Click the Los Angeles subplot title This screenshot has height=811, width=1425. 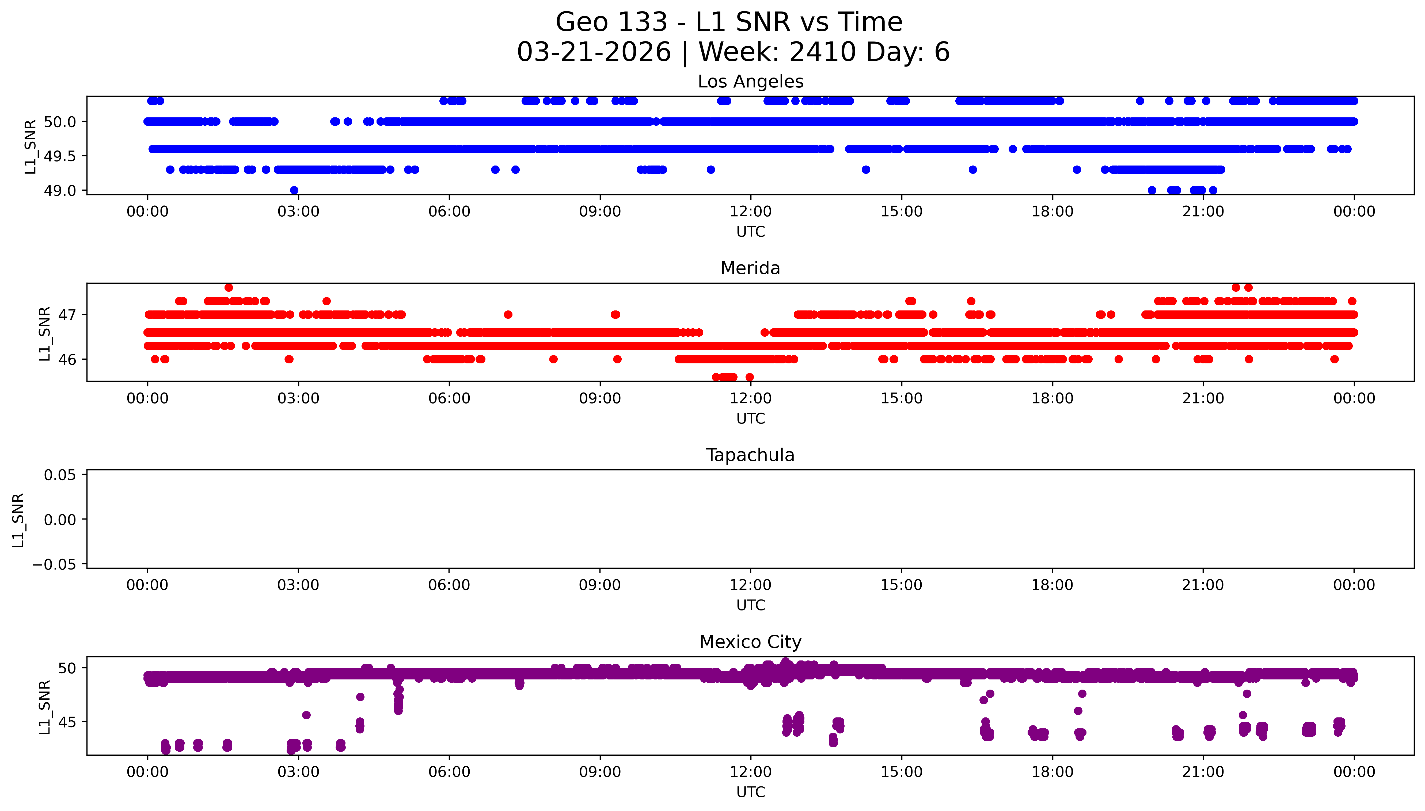pyautogui.click(x=750, y=82)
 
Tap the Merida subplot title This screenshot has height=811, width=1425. pyautogui.click(x=750, y=268)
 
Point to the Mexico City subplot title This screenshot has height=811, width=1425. pyautogui.click(x=750, y=642)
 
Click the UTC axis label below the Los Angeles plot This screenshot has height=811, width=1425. pyautogui.click(x=750, y=232)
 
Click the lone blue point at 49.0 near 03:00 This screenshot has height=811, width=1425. pyautogui.click(x=294, y=190)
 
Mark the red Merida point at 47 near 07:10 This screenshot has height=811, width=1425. pyautogui.click(x=508, y=315)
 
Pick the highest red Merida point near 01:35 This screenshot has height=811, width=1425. pyautogui.click(x=229, y=287)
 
